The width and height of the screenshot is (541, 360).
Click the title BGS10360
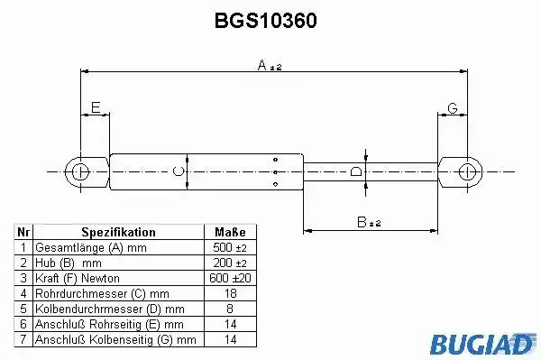(265, 21)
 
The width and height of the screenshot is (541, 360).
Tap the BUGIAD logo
(482, 344)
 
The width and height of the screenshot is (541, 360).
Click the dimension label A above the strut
(262, 65)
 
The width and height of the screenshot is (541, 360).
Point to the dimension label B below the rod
(362, 222)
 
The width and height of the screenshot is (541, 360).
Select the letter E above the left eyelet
(96, 107)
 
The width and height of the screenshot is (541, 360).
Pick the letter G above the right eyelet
(453, 108)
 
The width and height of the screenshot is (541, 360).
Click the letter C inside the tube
(178, 171)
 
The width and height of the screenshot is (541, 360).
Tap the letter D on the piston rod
(356, 171)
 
